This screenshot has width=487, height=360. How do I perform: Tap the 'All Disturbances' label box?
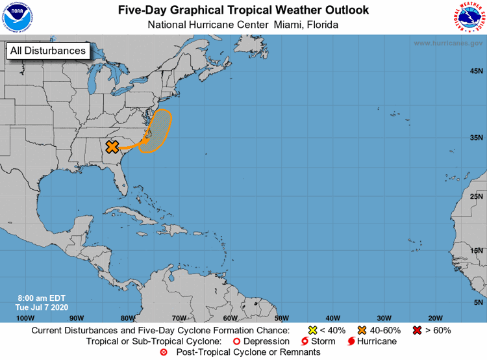pyautogui.click(x=48, y=51)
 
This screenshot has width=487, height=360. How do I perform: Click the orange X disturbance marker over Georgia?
pyautogui.click(x=112, y=147)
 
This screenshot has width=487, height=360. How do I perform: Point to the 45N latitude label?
pyautogui.click(x=476, y=71)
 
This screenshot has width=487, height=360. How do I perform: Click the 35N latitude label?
pyautogui.click(x=476, y=138)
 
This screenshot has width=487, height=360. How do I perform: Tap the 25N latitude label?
pyautogui.click(x=476, y=196)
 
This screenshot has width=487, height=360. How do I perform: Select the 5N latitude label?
pyautogui.click(x=478, y=302)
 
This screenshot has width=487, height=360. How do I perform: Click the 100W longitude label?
pyautogui.click(x=25, y=318)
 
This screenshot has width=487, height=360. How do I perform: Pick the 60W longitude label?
pyautogui.click(x=230, y=318)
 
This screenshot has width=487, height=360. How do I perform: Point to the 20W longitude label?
pyautogui.click(x=435, y=318)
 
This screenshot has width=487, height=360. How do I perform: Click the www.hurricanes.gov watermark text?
pyautogui.click(x=447, y=44)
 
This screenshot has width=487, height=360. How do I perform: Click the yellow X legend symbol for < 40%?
pyautogui.click(x=312, y=330)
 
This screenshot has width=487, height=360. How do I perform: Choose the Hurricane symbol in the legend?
pyautogui.click(x=351, y=341)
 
